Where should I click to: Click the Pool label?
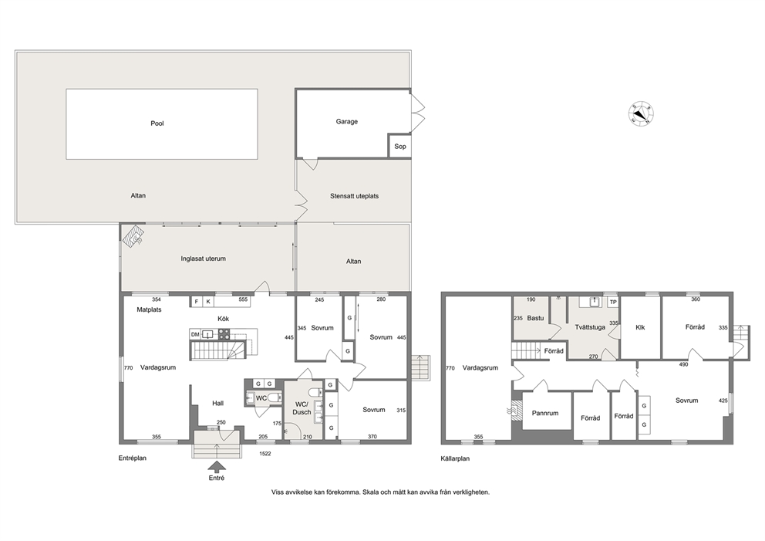157,123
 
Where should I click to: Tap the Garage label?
347,122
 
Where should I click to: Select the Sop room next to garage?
400,146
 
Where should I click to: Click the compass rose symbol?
641,114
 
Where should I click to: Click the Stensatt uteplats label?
354,196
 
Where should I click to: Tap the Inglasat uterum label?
204,259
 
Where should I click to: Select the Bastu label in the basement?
535,319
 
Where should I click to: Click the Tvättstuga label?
590,327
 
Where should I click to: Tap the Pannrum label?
545,413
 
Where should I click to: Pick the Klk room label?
640,327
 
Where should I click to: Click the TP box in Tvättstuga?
613,303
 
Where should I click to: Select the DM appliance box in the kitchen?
195,334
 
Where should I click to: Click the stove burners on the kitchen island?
224,334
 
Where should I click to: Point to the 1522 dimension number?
265,454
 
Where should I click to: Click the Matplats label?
149,309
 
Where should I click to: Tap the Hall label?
217,404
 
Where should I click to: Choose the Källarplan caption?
455,459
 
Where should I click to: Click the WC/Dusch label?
302,408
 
